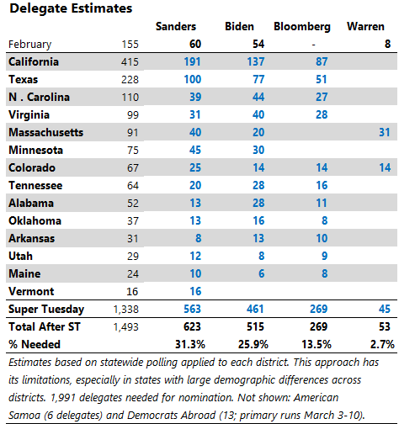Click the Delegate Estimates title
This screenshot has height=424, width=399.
coord(71,8)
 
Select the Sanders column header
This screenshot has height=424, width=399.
coord(176,27)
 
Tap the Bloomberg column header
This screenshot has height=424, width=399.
coord(302,27)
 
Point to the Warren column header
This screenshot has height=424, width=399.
coord(365,27)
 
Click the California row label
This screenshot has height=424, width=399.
coord(34,61)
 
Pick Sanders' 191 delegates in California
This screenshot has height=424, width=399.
coord(192,61)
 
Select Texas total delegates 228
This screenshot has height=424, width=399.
coord(130,80)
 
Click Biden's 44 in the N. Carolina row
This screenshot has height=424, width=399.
coord(258,97)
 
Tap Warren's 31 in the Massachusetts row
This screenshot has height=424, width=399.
coord(385,132)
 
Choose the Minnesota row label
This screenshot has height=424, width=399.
coord(35,150)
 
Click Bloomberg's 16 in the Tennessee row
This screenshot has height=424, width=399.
coord(322,185)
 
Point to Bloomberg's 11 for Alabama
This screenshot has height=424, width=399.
coord(322,203)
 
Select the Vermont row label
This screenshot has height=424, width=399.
coord(31,291)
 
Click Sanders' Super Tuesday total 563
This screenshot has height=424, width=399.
coord(192,309)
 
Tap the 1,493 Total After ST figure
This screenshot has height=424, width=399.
coord(126,327)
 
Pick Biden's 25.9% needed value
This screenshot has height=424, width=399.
coord(253,344)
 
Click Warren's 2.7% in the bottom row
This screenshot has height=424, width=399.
coord(382,344)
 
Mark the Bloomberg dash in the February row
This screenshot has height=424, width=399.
coord(314,45)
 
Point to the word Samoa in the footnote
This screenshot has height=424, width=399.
coord(24,416)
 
